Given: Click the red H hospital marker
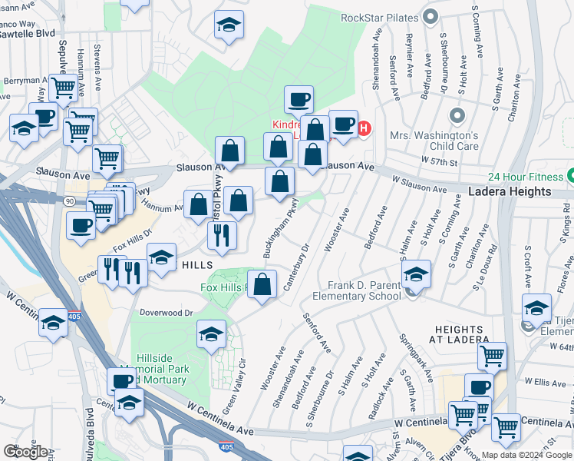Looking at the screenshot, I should coord(365,128).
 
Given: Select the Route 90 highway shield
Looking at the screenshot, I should coord(68,201).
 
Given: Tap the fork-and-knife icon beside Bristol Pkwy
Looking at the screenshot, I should coord(222,234).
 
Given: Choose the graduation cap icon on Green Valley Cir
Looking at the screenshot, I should coord(211,333).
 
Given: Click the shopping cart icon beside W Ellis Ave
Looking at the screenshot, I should coord(492,356).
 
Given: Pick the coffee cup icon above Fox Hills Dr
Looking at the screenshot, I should coord(81,225).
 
